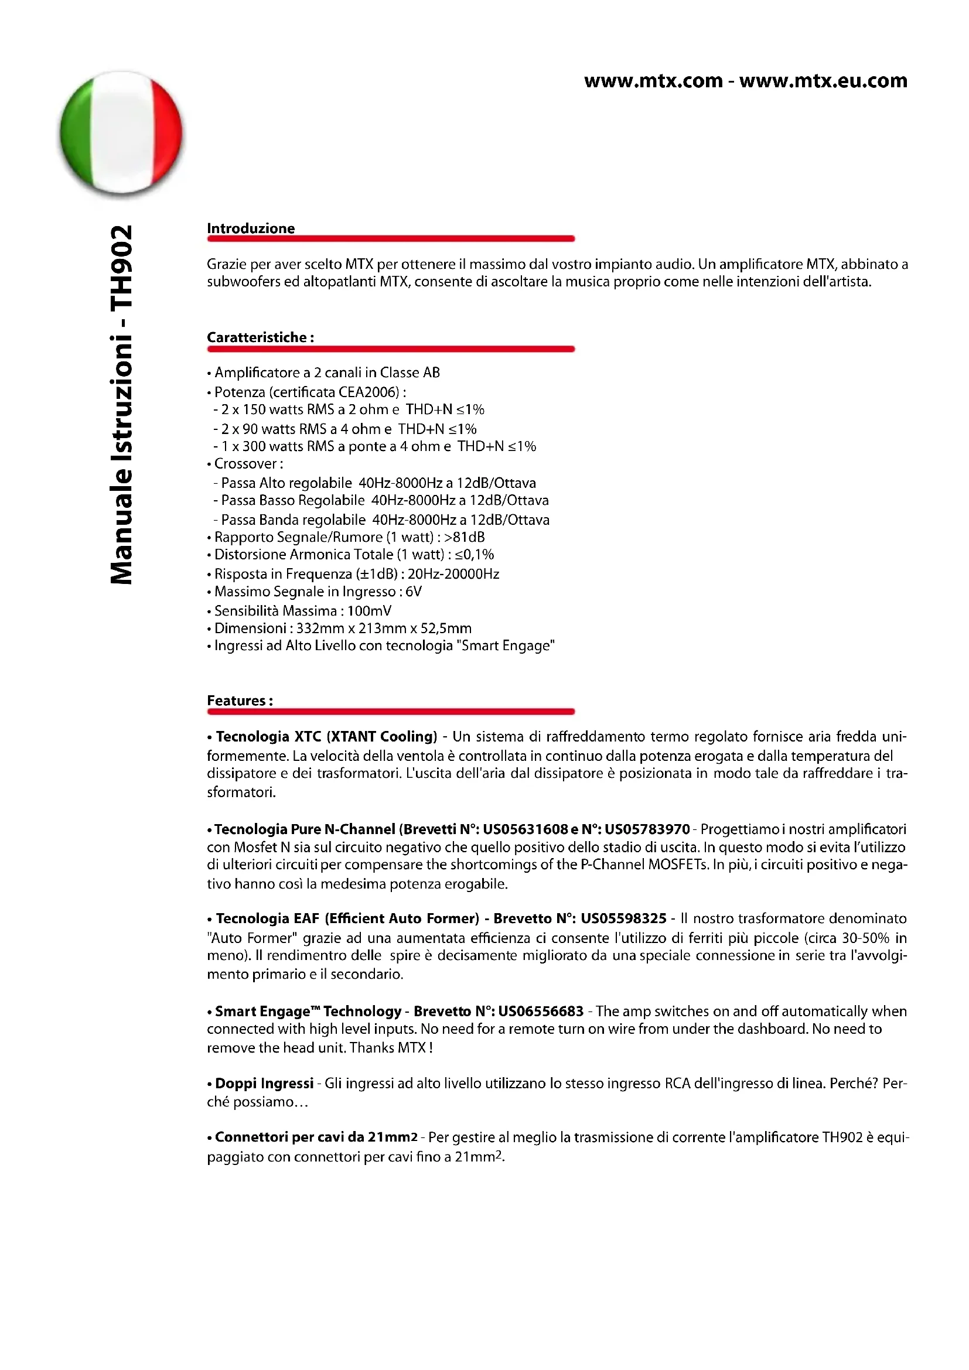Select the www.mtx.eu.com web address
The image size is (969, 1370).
tap(823, 81)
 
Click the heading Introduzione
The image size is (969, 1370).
tap(251, 228)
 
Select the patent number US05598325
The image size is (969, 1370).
tap(623, 918)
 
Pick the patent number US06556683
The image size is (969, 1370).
tap(541, 1012)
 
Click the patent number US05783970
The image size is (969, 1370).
tap(647, 829)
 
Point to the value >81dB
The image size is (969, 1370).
tap(464, 537)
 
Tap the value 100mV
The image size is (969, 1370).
tap(369, 611)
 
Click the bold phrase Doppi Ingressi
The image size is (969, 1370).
tap(264, 1083)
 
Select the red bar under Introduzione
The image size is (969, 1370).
tap(391, 238)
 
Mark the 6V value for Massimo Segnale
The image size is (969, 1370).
tap(414, 592)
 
